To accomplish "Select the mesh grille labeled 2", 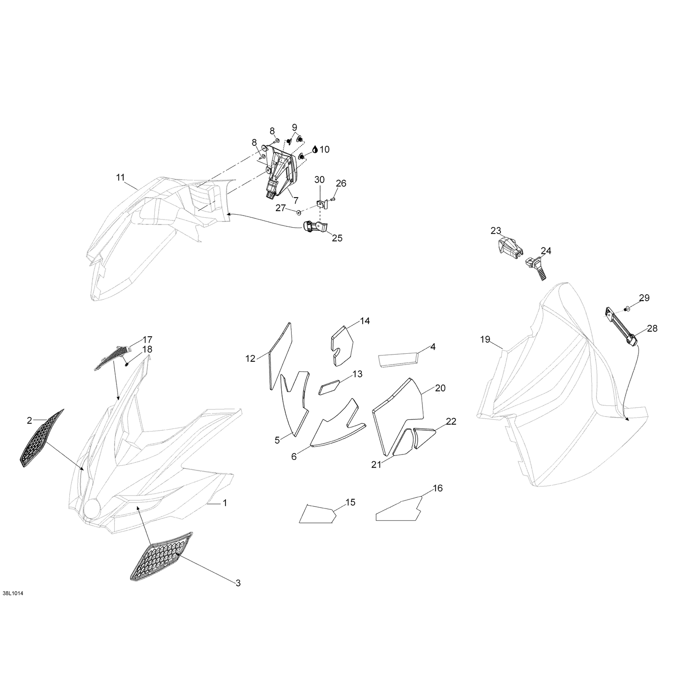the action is point(41,438).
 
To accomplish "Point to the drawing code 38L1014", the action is point(12,594).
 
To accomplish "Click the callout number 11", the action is point(120,177).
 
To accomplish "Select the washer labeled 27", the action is point(299,211).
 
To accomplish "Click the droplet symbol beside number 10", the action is point(315,149).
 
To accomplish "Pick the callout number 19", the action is point(485,339).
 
